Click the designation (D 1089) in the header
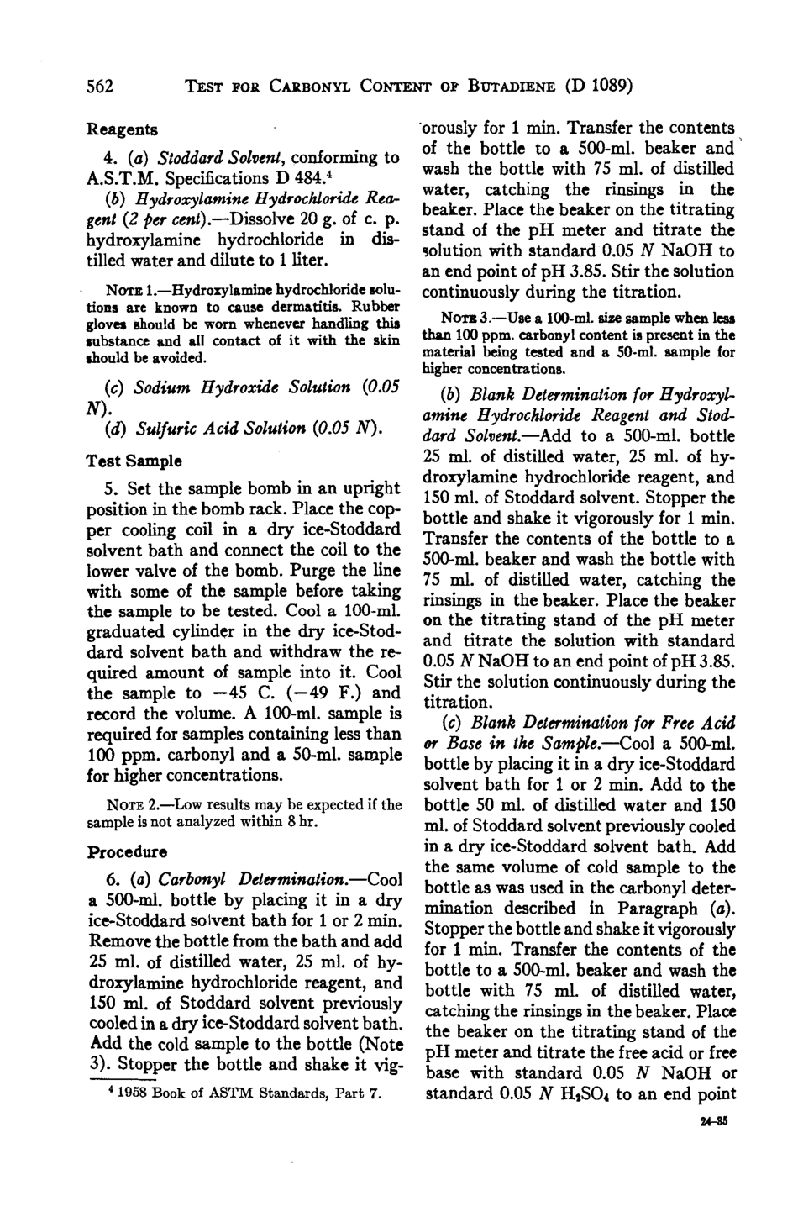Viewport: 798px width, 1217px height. [x=597, y=84]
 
